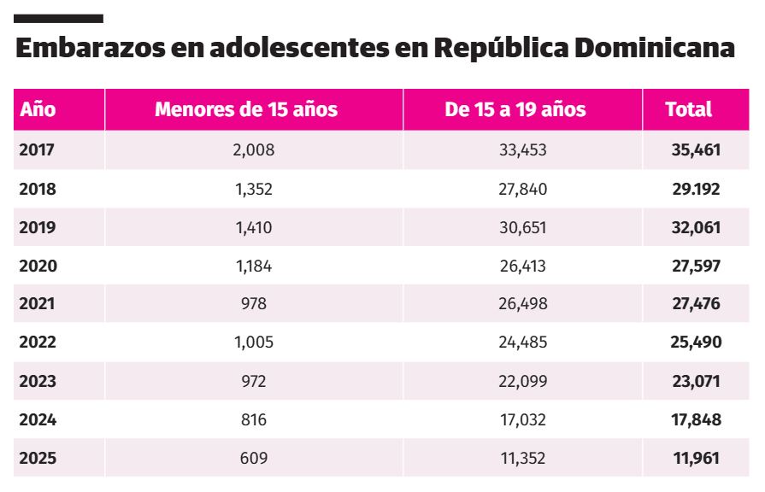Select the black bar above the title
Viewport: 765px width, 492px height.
[59, 18]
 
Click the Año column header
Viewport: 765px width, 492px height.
[38, 109]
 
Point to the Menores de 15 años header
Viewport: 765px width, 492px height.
[246, 109]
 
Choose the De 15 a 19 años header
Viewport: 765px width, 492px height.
[515, 109]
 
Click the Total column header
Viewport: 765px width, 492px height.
[689, 109]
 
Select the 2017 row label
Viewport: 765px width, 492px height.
[37, 150]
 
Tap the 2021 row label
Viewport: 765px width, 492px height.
[38, 304]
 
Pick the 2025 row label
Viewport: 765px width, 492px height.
[38, 459]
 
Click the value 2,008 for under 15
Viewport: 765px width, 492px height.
[254, 150]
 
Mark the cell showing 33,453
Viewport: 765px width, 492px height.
[523, 150]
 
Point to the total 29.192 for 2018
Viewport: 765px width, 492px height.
[697, 189]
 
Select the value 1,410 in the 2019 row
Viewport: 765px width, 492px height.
[254, 227]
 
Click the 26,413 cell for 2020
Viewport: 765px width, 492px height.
[523, 266]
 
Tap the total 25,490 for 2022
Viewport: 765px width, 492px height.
[697, 343]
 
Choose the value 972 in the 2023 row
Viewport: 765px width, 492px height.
[254, 381]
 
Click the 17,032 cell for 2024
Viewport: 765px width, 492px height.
[523, 419]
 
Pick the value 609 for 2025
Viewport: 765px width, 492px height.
[254, 459]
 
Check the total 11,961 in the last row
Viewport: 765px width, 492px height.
[697, 459]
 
